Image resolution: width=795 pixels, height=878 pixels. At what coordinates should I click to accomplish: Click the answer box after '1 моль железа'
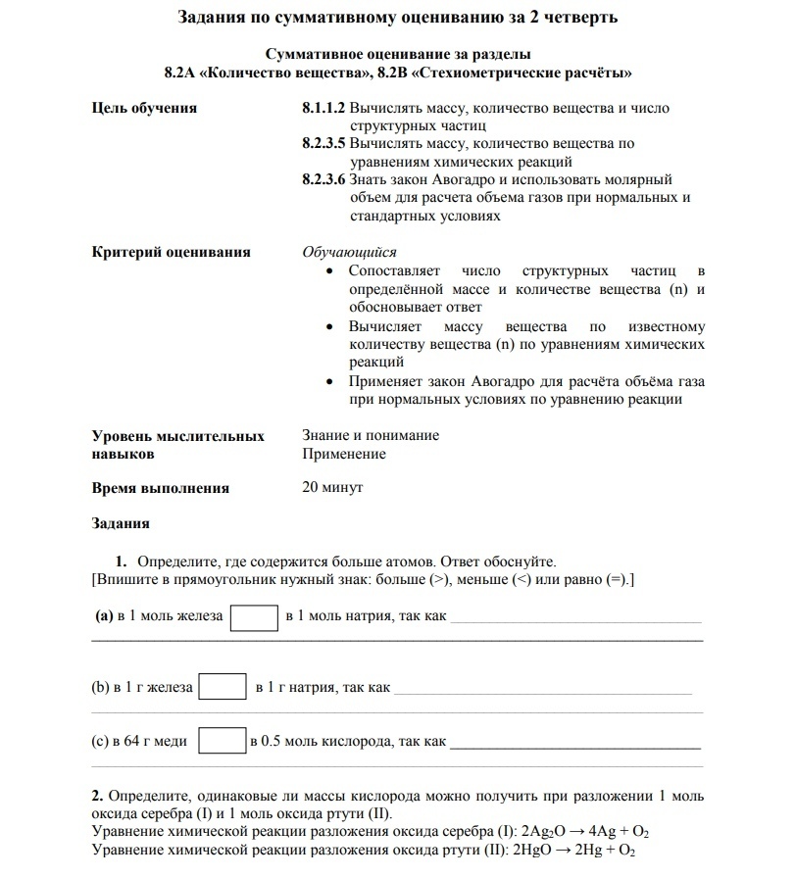[x=254, y=617]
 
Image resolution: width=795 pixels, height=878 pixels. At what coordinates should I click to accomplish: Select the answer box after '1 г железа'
[x=222, y=687]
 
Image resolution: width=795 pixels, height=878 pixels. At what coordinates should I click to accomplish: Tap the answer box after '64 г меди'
[x=221, y=741]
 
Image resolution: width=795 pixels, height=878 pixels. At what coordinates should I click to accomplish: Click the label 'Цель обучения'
[x=144, y=109]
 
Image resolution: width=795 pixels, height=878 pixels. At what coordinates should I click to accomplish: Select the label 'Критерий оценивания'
[x=171, y=252]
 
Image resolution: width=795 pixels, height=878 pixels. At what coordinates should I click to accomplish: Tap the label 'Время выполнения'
[x=160, y=488]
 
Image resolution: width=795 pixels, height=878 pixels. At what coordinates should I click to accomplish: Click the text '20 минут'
[x=332, y=487]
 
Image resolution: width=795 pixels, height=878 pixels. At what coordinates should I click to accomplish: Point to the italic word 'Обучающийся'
[x=349, y=252]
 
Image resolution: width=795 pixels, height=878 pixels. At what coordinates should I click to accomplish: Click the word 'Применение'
[x=344, y=454]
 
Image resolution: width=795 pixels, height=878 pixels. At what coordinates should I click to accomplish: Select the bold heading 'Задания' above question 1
[x=121, y=524]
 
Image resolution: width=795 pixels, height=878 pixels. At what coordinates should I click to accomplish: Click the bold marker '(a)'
[x=103, y=617]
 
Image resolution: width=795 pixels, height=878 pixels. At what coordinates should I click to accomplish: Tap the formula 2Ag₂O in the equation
[x=544, y=833]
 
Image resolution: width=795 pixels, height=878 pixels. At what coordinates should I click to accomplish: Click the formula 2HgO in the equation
[x=532, y=851]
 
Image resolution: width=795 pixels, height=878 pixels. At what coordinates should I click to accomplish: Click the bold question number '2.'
[x=97, y=796]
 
